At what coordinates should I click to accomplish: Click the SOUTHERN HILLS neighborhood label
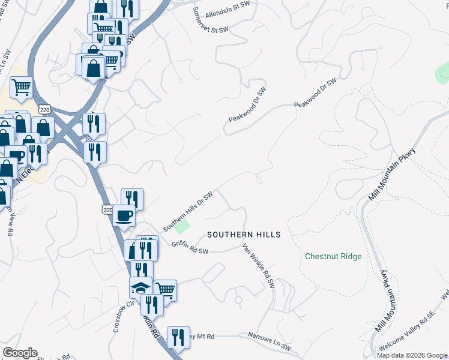click(x=244, y=235)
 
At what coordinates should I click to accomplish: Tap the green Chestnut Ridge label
click(x=333, y=256)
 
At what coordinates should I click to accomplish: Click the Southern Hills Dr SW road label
click(x=188, y=212)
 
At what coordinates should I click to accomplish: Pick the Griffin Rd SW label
click(x=190, y=247)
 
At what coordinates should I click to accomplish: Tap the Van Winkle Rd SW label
click(x=258, y=265)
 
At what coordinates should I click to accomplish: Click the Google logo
click(x=20, y=353)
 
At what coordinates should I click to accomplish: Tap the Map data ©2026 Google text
click(x=412, y=355)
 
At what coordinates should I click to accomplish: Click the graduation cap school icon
click(x=141, y=286)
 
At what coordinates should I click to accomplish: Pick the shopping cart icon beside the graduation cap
click(x=165, y=290)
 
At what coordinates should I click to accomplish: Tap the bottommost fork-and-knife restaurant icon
click(x=178, y=337)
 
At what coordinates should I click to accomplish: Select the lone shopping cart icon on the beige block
click(x=21, y=87)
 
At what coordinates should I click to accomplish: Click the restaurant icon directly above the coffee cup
click(x=132, y=199)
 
